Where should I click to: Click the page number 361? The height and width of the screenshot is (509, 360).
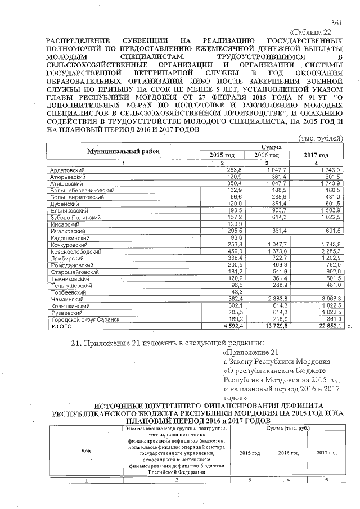336,23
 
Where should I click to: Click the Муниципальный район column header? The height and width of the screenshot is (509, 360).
123,151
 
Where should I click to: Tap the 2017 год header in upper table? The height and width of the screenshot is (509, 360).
316,155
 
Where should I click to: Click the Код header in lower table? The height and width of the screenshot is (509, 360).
86,451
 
